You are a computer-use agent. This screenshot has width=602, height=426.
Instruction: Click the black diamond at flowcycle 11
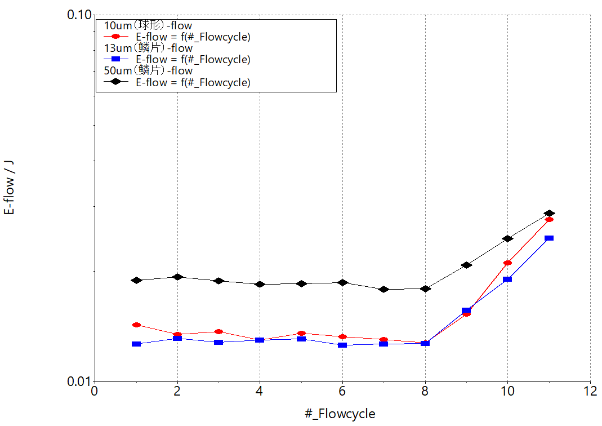pos(549,214)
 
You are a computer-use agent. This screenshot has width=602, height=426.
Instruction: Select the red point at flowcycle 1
pos(136,325)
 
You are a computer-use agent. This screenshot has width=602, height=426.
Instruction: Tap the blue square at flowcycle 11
pos(549,238)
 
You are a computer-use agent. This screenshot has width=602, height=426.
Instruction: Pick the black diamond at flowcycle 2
pos(177,277)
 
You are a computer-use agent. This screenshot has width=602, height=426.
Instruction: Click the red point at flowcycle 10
pos(507,263)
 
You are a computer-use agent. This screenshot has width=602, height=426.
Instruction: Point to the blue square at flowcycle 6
pos(342,344)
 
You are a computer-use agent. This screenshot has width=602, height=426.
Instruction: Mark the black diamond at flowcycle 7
pos(384,289)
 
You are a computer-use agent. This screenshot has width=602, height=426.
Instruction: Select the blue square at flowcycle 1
pos(136,344)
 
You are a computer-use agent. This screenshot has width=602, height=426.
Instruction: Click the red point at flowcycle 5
pos(301,334)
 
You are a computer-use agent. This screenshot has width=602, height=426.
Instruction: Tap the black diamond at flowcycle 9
pos(466,265)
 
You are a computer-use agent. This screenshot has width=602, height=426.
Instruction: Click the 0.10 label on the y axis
pos(79,15)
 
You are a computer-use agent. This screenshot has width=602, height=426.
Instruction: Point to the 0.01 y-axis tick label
pos(79,381)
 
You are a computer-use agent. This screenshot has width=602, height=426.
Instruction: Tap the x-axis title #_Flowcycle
pos(340,414)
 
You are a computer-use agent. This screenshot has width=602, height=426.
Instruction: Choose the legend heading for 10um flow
pos(149,25)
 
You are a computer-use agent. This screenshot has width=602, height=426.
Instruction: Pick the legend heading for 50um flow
pos(149,70)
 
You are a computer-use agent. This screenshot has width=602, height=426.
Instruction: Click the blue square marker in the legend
pos(115,59)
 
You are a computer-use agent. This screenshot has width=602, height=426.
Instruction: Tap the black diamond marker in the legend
pos(115,82)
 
